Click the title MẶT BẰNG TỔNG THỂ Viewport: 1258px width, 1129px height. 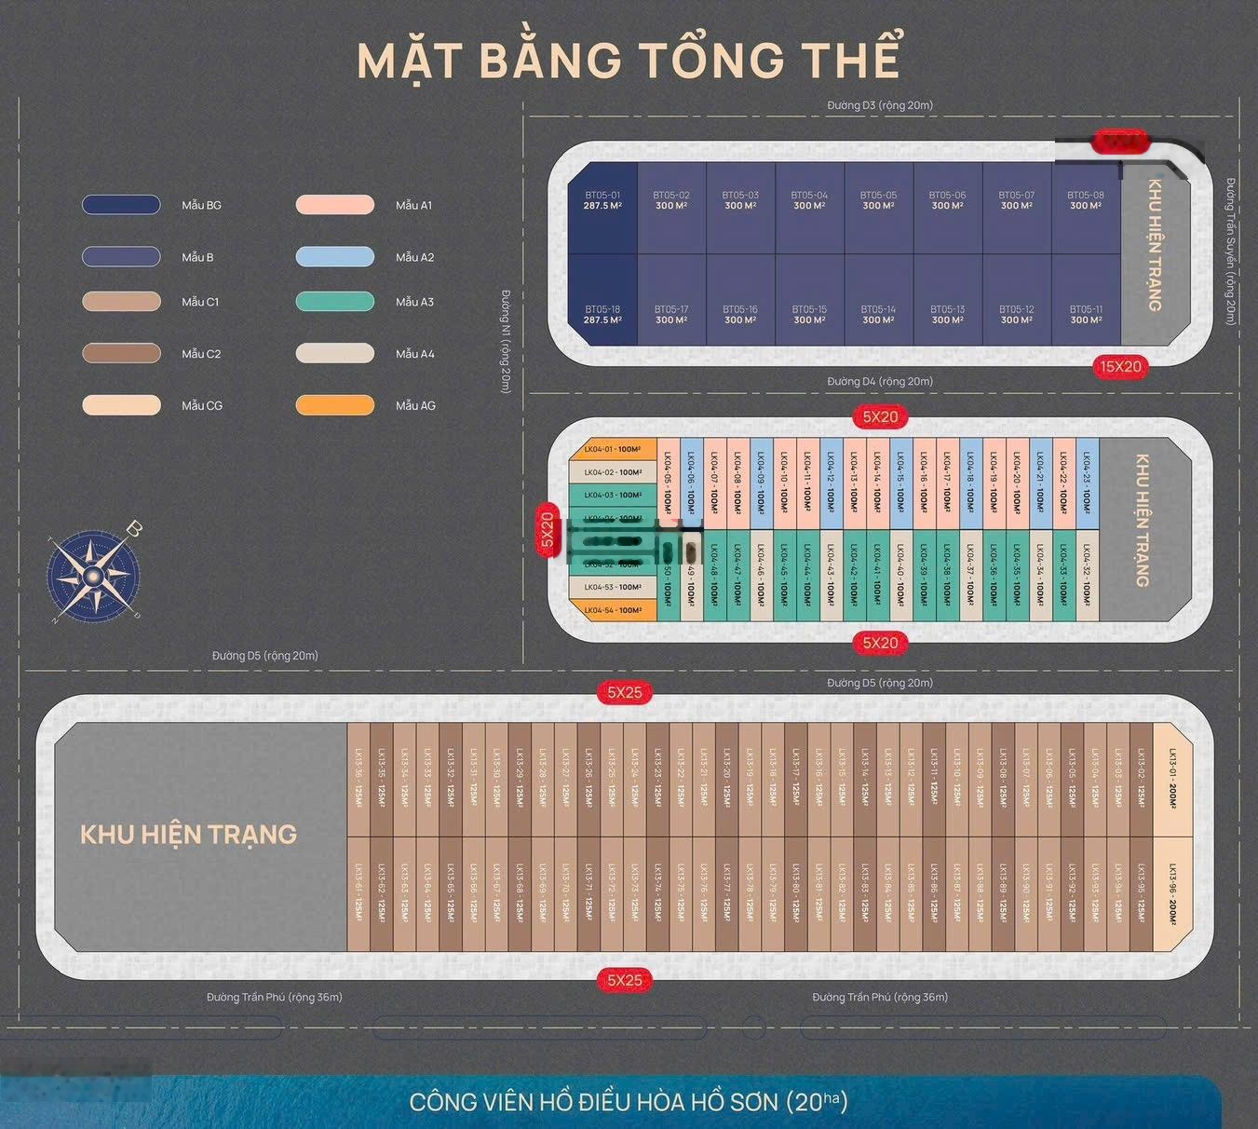tap(629, 60)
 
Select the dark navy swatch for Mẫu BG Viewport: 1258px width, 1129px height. tap(121, 205)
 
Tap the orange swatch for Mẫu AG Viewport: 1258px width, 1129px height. tap(335, 405)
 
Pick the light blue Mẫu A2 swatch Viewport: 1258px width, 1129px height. tap(335, 257)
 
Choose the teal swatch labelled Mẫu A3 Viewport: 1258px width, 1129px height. tap(335, 302)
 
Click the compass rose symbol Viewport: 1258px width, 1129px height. tap(93, 576)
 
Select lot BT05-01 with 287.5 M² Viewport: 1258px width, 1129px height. tap(602, 207)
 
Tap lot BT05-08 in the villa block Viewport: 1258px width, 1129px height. tap(1086, 207)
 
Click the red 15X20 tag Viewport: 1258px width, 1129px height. tap(1120, 367)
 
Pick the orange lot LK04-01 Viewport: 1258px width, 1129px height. tap(613, 449)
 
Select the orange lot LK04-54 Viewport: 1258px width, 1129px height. tap(613, 611)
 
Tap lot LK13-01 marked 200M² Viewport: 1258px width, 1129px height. tap(1172, 779)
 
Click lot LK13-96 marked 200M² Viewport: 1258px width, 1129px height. tap(1172, 894)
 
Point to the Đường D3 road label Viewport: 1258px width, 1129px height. tap(880, 105)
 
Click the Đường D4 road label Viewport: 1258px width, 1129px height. tap(880, 381)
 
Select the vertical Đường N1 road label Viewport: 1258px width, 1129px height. tap(507, 341)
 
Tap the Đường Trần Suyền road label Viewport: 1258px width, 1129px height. tap(1231, 252)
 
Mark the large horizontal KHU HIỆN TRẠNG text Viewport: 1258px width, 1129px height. tap(188, 835)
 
